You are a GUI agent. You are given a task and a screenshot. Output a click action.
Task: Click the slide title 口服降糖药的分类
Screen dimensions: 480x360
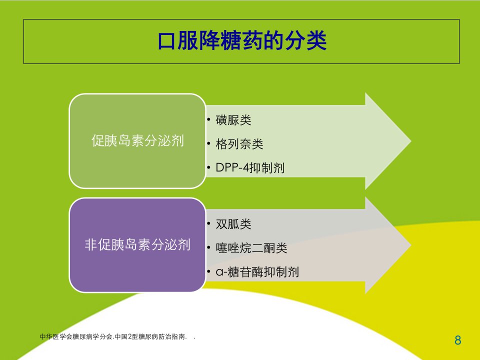242,40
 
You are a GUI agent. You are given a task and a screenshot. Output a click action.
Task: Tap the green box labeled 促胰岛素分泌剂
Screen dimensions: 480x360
137,141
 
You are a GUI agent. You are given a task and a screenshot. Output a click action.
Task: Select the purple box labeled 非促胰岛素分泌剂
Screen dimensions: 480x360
137,245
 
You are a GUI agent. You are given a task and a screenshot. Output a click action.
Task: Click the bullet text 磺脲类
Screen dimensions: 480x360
233,120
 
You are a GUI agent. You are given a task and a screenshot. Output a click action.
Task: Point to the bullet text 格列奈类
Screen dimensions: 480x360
239,144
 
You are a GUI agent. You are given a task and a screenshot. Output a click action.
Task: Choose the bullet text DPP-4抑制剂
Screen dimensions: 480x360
250,168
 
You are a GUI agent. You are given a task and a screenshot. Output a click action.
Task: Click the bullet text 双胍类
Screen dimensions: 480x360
233,224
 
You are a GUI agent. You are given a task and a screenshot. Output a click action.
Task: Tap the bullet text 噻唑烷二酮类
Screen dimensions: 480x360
251,248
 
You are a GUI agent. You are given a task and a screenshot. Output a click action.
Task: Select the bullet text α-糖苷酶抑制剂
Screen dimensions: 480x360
257,272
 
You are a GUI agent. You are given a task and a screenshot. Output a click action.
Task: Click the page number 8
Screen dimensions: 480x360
458,340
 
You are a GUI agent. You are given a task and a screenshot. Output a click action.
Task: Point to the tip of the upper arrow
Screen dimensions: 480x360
411,141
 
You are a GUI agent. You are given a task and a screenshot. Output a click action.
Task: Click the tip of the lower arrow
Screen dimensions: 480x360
411,245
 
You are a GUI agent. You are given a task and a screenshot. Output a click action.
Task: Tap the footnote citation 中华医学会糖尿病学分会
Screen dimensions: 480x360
76,336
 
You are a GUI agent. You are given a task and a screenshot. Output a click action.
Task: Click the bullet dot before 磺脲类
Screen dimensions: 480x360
209,119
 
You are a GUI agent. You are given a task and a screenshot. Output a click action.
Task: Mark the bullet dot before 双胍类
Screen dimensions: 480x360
209,224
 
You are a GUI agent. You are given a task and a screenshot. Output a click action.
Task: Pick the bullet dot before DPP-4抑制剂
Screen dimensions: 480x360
209,168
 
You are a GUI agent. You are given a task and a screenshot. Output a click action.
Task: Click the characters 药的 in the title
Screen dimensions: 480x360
263,40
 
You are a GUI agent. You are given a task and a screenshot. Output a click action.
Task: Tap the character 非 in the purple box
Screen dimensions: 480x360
91,245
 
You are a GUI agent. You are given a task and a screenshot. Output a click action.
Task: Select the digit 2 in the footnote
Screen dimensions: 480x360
129,336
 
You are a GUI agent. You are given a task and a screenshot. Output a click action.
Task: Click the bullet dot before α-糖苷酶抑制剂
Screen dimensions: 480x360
209,272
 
